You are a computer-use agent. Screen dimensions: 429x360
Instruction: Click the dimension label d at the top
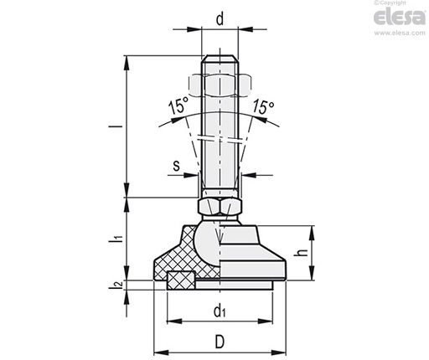point(220,19)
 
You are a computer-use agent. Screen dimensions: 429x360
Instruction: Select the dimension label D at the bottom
point(220,342)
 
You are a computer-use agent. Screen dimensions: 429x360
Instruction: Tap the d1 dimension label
point(220,311)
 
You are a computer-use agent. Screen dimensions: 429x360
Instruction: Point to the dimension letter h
point(302,253)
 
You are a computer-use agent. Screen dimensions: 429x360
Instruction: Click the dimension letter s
point(176,166)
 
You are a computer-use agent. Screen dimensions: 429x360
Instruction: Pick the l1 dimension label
point(116,239)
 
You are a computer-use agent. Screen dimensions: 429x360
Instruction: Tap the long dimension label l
point(120,126)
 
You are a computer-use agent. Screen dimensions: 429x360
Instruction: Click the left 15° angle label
point(178,106)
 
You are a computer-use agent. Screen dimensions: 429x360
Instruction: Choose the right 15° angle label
point(263,106)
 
